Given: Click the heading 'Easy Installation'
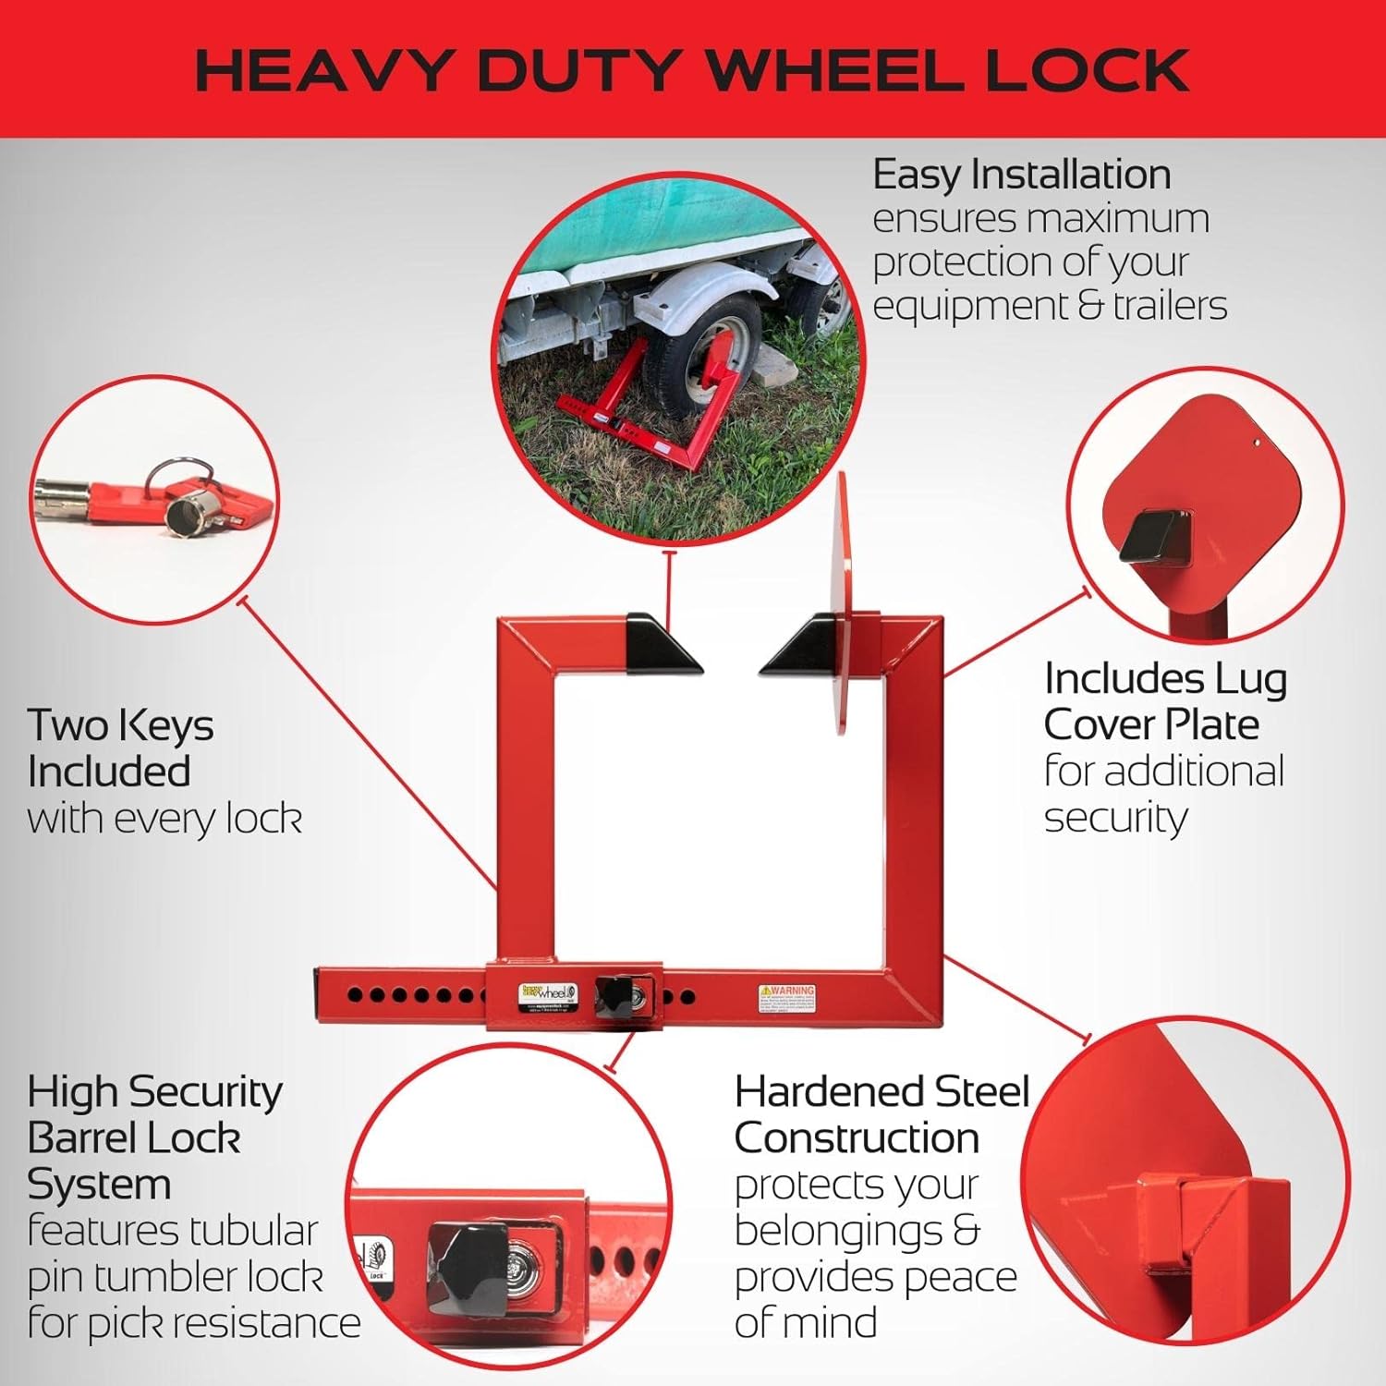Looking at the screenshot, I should pos(1021,175).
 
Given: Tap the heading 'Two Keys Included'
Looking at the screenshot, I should pos(120,748).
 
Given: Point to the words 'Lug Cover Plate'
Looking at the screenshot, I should pos(1164,702).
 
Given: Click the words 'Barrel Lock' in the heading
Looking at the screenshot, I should pos(134,1137).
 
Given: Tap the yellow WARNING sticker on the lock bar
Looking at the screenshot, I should pos(786,998).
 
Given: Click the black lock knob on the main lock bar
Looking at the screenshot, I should pos(613,998).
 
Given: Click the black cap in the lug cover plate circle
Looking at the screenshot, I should pos(1149,536).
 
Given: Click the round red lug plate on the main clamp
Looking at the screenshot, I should pos(841,601).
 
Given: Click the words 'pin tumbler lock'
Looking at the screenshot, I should pos(176,1277).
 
